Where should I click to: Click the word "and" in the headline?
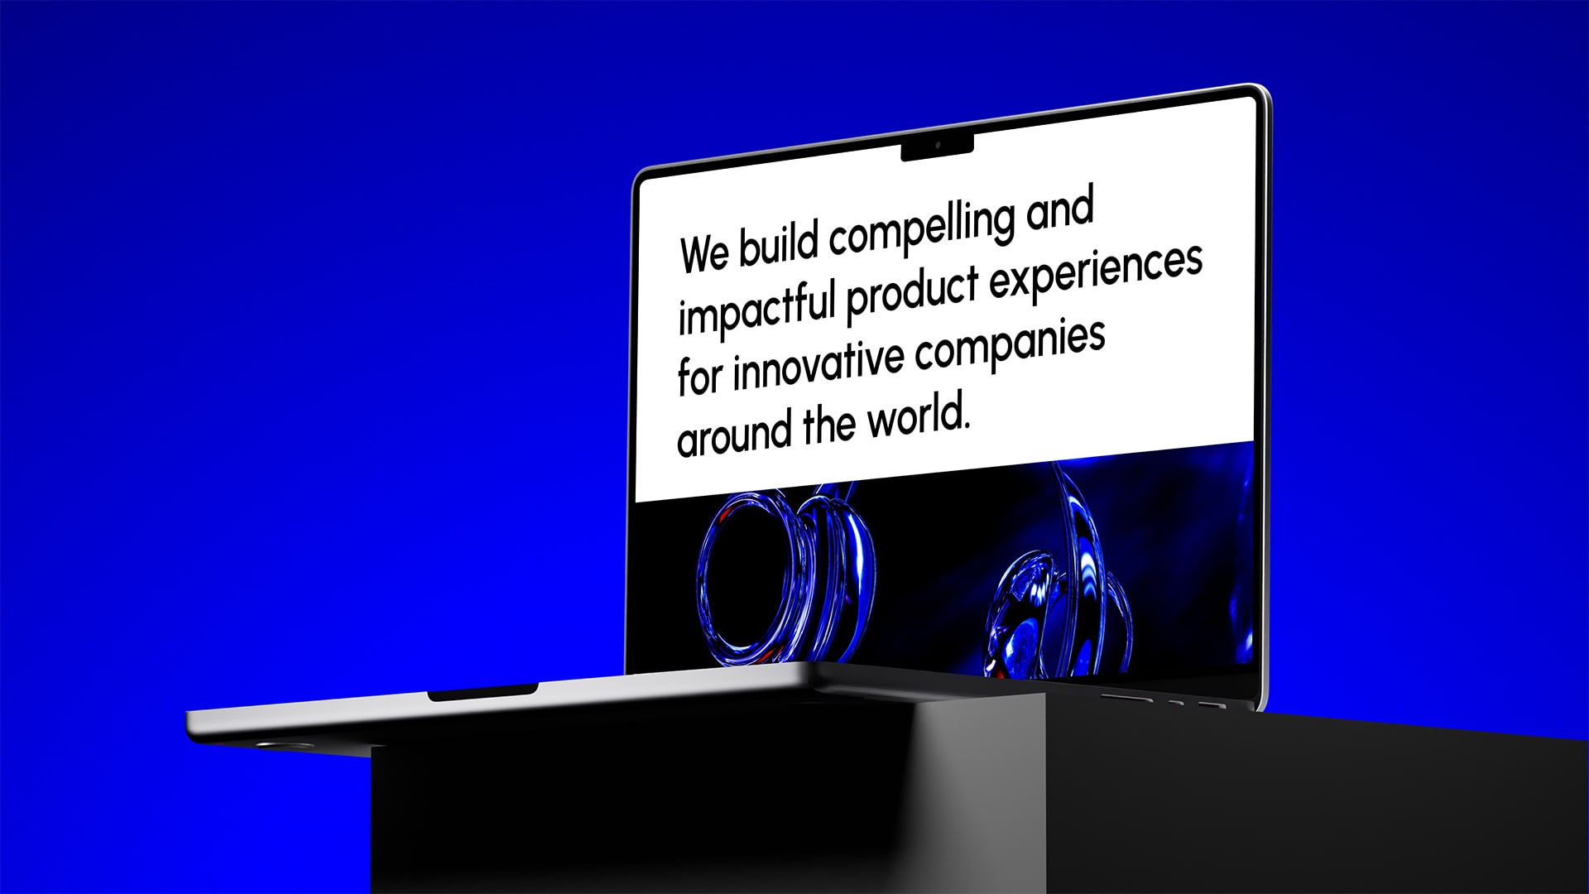click(1060, 209)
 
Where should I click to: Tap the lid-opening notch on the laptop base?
click(482, 691)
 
